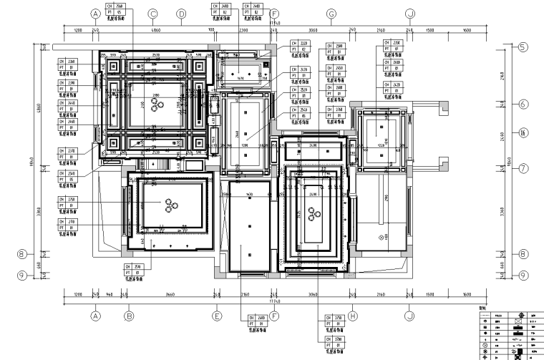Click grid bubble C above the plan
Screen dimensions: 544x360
[152, 14]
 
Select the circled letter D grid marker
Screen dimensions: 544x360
[181, 14]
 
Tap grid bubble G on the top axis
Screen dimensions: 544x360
[331, 14]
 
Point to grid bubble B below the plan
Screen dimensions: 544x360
[130, 314]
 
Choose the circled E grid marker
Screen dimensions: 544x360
[216, 314]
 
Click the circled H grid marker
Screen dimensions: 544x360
[353, 314]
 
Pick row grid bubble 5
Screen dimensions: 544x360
[523, 47]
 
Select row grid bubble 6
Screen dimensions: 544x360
[523, 104]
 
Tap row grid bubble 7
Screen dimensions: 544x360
[523, 169]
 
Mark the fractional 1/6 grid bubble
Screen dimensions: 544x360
[523, 132]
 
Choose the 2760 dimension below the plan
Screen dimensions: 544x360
[243, 294]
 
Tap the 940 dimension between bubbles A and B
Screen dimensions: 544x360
[110, 294]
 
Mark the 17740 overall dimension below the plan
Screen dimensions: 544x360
[274, 301]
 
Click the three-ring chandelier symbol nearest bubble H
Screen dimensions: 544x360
[313, 212]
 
